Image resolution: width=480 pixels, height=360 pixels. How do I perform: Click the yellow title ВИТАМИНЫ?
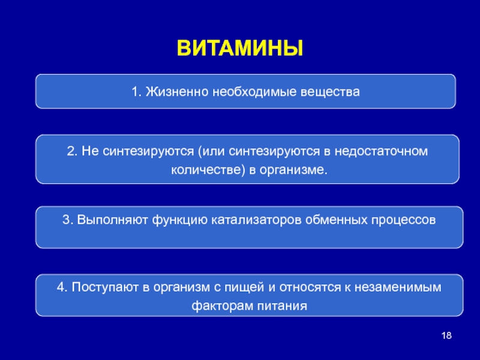(240, 48)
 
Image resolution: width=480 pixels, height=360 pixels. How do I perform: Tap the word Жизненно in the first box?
(177, 92)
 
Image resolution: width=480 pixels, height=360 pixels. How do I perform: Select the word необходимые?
(254, 92)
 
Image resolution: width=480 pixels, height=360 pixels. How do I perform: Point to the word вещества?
(330, 92)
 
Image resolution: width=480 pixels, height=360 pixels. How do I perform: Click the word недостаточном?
(381, 151)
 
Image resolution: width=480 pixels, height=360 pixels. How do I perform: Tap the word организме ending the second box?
(293, 170)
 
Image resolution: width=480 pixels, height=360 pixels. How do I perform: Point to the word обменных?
(336, 220)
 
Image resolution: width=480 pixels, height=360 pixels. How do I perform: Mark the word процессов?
(403, 220)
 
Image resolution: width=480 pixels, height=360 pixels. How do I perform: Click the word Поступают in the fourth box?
(105, 287)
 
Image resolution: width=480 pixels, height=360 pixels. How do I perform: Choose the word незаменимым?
(398, 287)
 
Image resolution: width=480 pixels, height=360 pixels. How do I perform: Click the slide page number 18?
(446, 335)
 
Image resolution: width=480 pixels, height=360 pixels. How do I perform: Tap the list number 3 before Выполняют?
(66, 220)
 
